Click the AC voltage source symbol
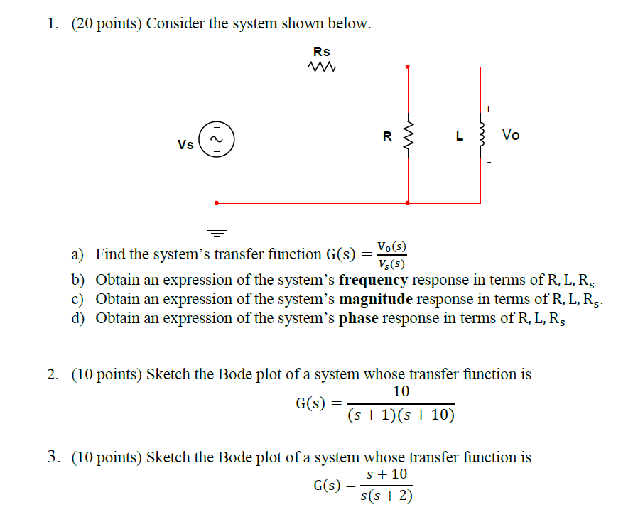[216, 138]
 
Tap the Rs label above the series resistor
[322, 52]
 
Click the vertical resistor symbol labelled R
[408, 136]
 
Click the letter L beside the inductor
[460, 136]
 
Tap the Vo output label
[510, 135]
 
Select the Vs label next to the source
[185, 144]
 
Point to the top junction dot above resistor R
[408, 67]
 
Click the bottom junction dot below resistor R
[408, 203]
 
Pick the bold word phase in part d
[359, 318]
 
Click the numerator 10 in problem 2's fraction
[401, 392]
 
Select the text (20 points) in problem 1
[107, 23]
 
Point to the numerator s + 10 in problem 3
[386, 474]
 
